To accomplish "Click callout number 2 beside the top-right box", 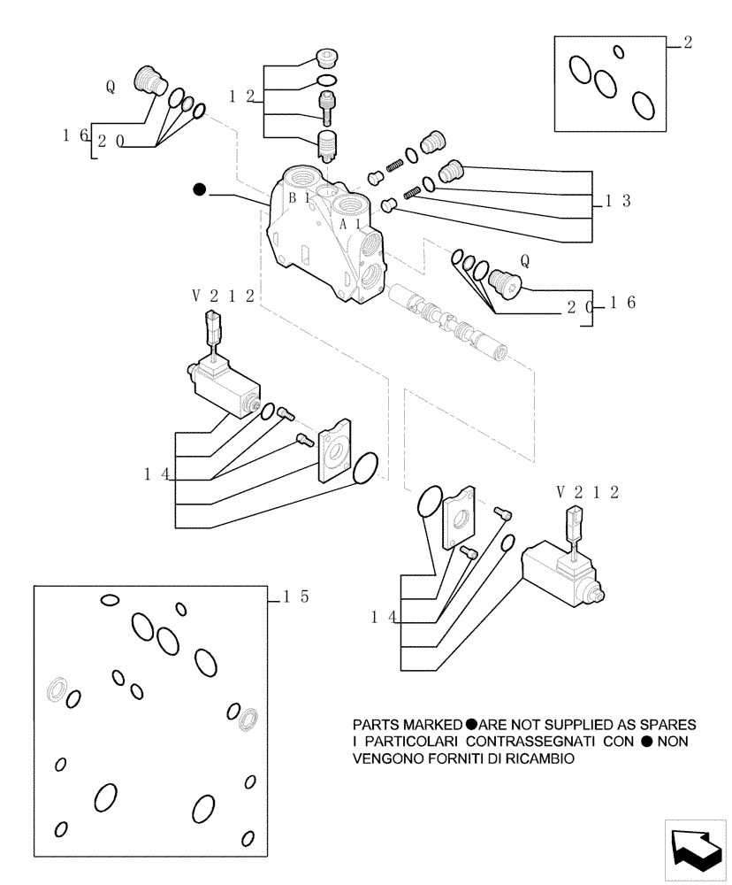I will coord(688,42).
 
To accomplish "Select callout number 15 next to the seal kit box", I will coord(295,597).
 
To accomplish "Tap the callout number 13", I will coord(618,201).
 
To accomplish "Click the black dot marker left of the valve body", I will coord(200,189).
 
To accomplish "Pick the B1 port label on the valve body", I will coord(298,198).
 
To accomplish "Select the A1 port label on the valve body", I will coord(350,225).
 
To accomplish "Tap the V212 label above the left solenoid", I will coord(222,296).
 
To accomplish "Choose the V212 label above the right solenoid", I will coord(587,491).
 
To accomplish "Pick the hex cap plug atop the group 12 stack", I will coord(326,60).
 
